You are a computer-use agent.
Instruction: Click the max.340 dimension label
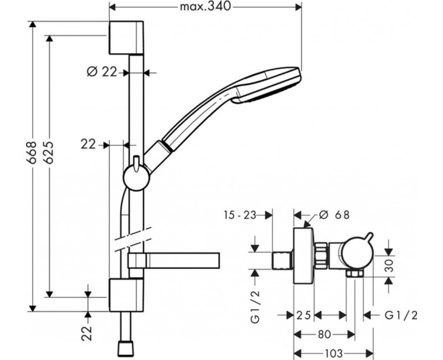coord(205,6)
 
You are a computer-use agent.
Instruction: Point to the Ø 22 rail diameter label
coord(102,73)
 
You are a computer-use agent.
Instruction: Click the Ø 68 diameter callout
coord(334,215)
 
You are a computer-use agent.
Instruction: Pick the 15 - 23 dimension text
coord(240,215)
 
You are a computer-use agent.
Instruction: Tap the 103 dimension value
coord(333,353)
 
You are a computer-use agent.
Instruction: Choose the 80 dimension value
coord(324,335)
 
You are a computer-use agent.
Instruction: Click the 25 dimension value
coord(303,315)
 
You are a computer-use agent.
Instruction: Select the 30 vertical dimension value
coord(389,265)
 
